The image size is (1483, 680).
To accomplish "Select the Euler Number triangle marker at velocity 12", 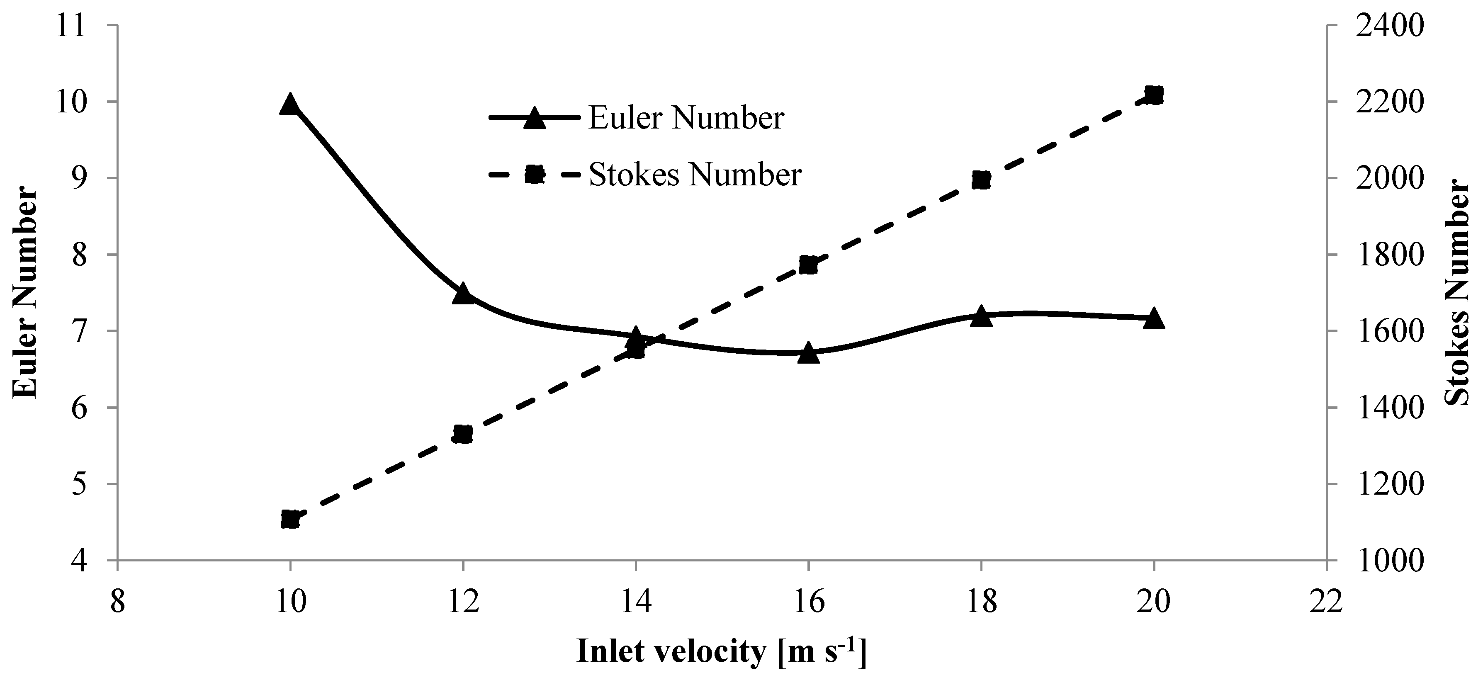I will pyautogui.click(x=462, y=294).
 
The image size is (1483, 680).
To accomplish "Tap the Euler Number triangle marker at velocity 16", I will pyautogui.click(x=808, y=353).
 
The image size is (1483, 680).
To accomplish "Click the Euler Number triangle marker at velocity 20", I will pyautogui.click(x=1154, y=318).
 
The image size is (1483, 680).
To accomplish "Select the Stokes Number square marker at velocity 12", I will pyautogui.click(x=462, y=434).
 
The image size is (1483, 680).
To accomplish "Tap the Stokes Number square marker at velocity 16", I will pyautogui.click(x=808, y=265).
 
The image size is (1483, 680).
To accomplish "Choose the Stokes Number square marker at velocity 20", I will pyautogui.click(x=1154, y=95).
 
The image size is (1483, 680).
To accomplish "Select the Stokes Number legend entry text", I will pyautogui.click(x=695, y=175).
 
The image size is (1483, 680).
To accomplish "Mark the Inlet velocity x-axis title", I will pyautogui.click(x=721, y=652).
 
